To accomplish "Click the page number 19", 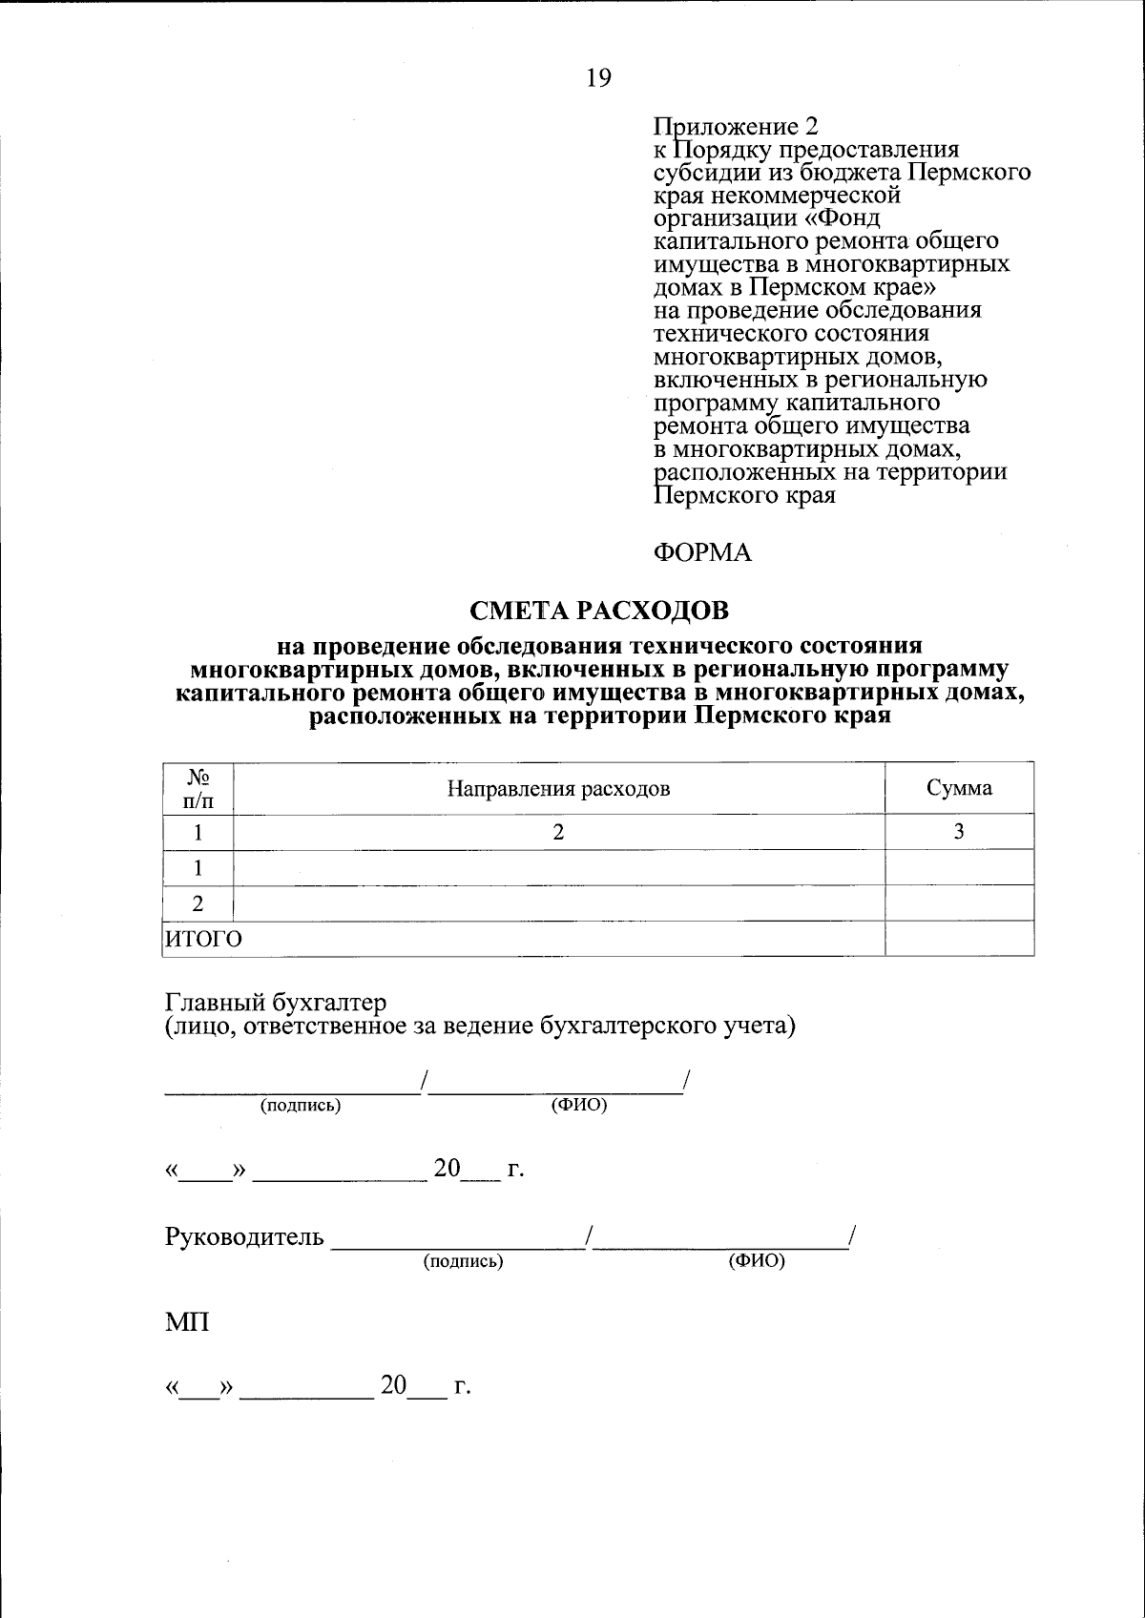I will [598, 78].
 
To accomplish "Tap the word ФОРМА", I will [702, 553].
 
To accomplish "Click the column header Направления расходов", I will [559, 789].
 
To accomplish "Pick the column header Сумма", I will [959, 788].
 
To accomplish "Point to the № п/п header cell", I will [198, 789].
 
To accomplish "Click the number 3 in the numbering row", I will [959, 832].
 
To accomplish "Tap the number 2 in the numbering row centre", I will [559, 832].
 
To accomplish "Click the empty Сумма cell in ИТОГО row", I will [959, 939].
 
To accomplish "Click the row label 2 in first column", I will [198, 903].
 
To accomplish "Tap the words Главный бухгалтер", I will [277, 1003].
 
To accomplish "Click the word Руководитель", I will [245, 1238].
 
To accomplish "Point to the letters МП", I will [188, 1323].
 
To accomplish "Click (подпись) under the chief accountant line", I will [301, 1106].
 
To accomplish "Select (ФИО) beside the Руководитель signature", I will [756, 1261].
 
